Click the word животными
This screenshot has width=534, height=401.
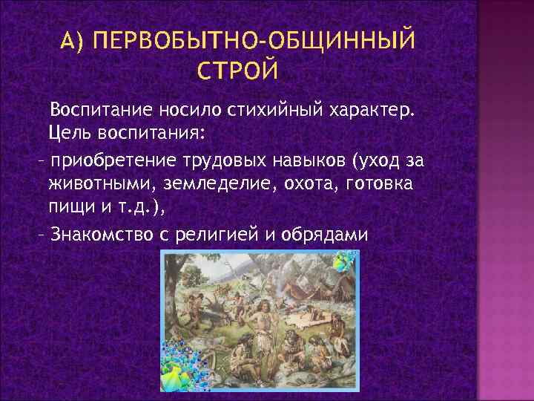pyautogui.click(x=103, y=183)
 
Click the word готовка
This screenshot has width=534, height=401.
pyautogui.click(x=378, y=183)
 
